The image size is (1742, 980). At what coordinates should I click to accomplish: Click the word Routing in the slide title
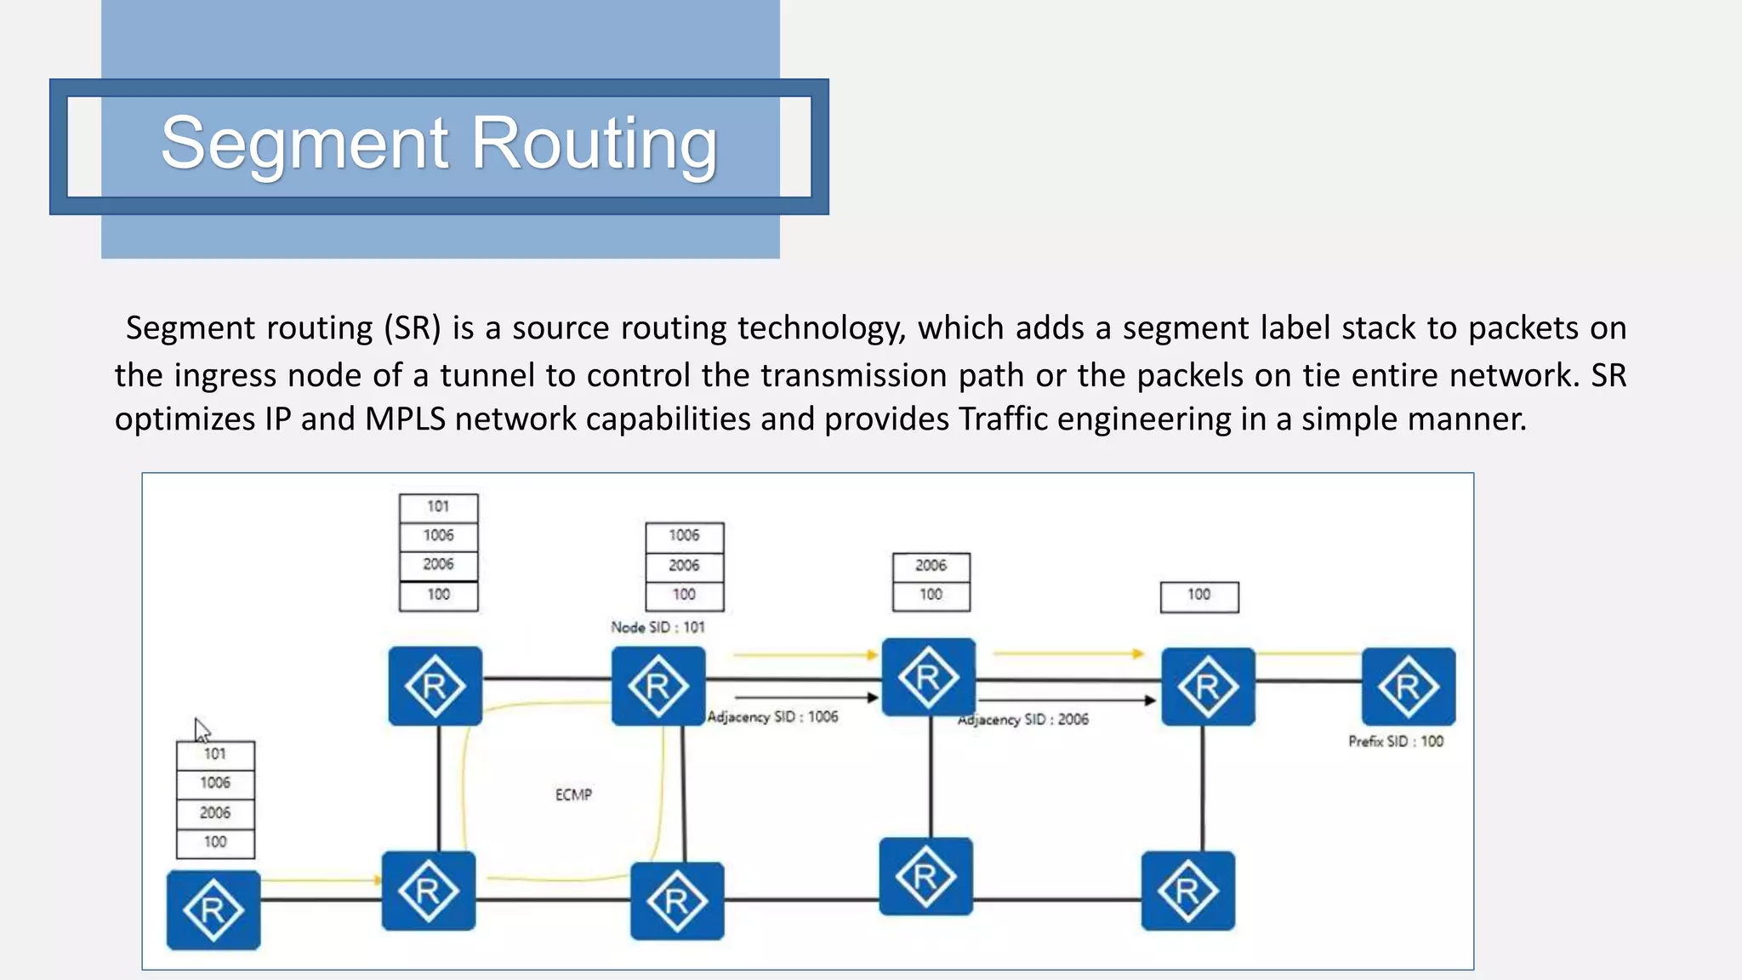coord(594,143)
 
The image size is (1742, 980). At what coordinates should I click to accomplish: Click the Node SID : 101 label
coord(658,628)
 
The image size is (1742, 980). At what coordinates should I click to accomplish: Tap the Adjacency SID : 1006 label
coord(772,717)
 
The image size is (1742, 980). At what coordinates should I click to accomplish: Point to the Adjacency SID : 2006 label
coord(1023,720)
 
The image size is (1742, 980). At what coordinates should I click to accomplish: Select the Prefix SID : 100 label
coord(1396,742)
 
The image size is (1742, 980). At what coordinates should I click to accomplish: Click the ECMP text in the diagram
coord(573,795)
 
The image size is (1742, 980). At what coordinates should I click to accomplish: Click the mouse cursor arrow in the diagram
coord(201,730)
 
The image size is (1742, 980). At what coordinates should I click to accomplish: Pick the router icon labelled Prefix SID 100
coord(1408,687)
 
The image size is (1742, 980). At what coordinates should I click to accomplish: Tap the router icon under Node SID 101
coord(658,686)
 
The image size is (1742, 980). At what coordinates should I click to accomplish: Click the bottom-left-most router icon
coord(213,909)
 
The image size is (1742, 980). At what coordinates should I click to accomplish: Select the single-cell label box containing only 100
coord(1199,596)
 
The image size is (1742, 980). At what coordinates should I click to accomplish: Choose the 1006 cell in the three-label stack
coord(684,536)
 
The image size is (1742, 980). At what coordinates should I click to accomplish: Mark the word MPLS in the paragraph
coord(405,419)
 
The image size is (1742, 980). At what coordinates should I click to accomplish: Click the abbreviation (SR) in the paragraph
coord(413,328)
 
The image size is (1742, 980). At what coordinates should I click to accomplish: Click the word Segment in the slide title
coord(304,143)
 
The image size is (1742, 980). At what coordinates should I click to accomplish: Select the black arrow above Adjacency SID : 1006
coord(804,698)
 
